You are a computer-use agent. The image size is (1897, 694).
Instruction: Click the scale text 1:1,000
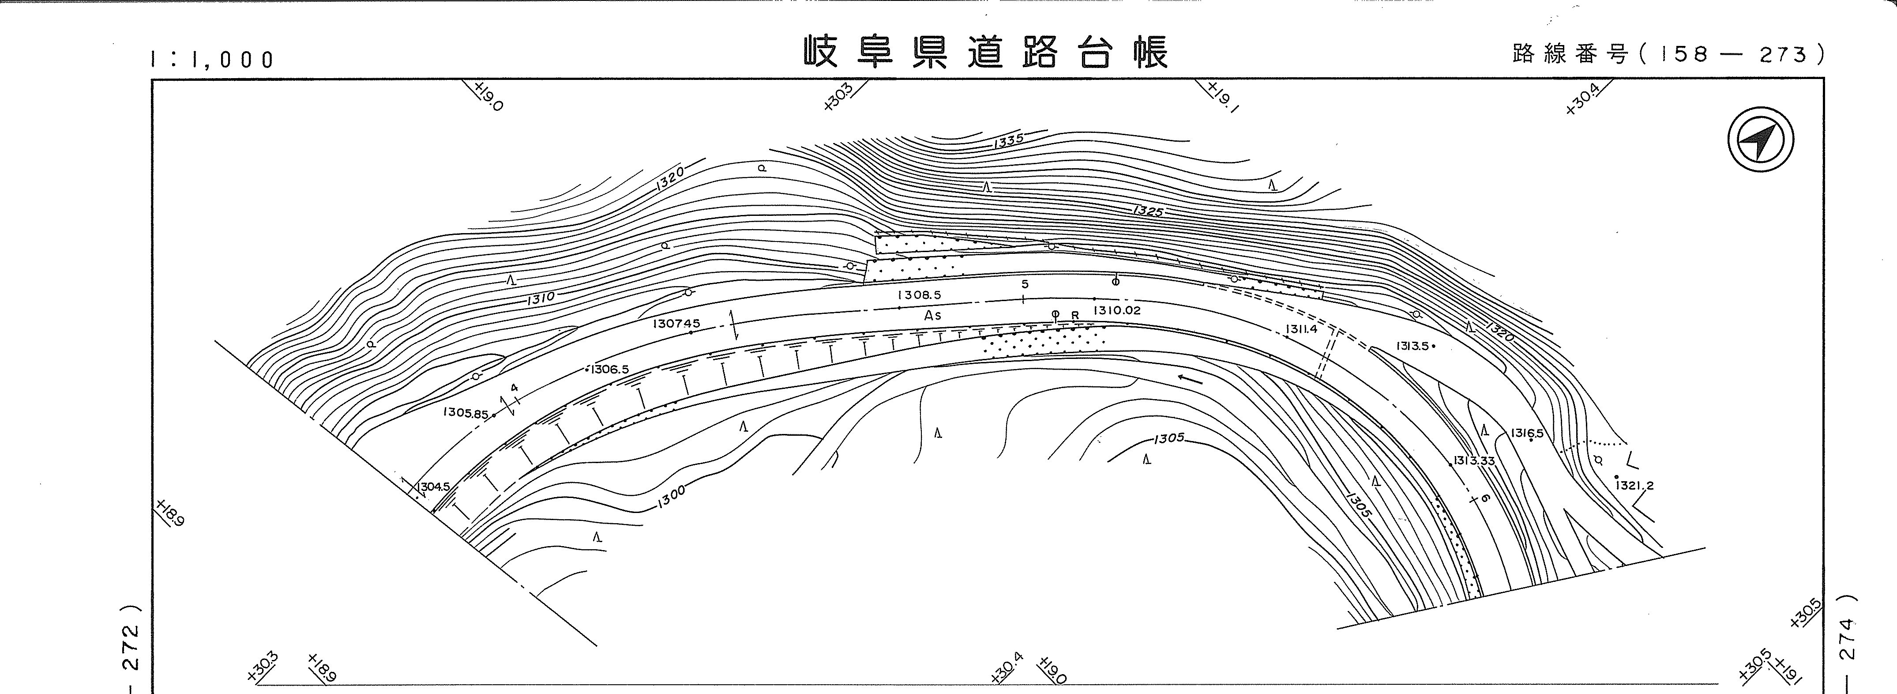click(x=212, y=60)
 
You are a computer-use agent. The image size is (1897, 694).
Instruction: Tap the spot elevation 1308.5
click(x=919, y=295)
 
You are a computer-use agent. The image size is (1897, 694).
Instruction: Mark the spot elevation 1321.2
click(x=1634, y=486)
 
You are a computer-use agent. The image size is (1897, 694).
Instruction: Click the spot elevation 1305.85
click(x=466, y=413)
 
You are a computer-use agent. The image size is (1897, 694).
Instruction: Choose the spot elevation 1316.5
click(x=1527, y=433)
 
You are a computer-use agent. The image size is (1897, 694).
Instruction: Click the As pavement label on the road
click(x=932, y=315)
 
